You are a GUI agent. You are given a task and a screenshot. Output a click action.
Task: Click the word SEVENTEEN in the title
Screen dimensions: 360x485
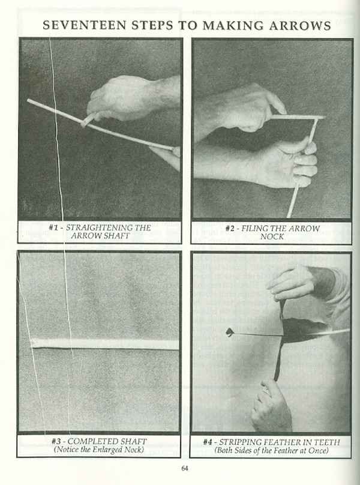coord(85,25)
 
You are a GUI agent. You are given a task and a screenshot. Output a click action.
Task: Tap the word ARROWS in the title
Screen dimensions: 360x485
coord(301,25)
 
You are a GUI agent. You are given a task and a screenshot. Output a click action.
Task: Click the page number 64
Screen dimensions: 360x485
coord(184,468)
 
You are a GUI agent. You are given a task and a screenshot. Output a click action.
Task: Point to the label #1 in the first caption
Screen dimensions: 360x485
coord(53,227)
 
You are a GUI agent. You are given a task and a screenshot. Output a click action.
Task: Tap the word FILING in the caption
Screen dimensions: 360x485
coord(254,228)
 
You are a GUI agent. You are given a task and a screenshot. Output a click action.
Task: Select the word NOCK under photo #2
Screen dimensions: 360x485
coord(272,236)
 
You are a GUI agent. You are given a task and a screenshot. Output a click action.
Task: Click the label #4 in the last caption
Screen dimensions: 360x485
coord(208,442)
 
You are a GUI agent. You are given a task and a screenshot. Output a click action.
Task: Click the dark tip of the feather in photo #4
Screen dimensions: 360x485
coord(229,332)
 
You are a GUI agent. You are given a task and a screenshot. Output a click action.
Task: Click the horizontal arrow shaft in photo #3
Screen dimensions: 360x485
coord(105,344)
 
